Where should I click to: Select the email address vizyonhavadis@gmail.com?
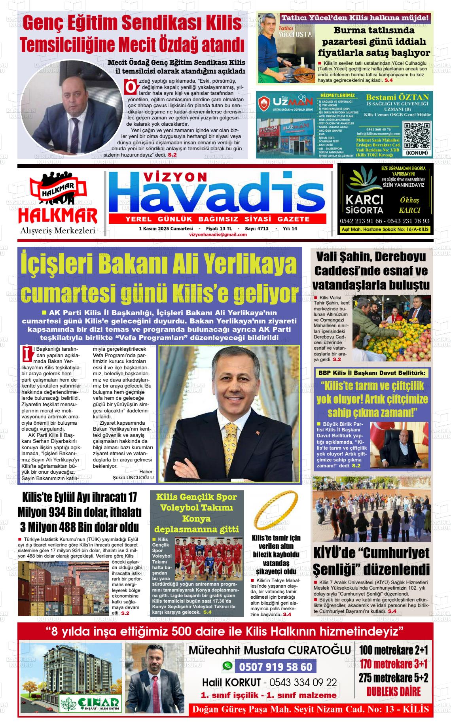point(218,234)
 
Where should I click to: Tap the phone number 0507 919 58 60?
point(276,667)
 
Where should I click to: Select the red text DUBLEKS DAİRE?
point(393,692)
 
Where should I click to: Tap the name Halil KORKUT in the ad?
point(231,683)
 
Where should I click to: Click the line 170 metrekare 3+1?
point(393,663)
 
